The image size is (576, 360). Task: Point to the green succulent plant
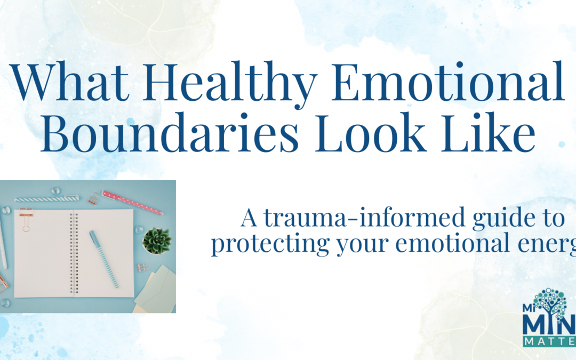(x=157, y=241)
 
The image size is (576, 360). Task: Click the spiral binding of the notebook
(x=75, y=253)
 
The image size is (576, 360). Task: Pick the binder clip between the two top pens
(x=94, y=198)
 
